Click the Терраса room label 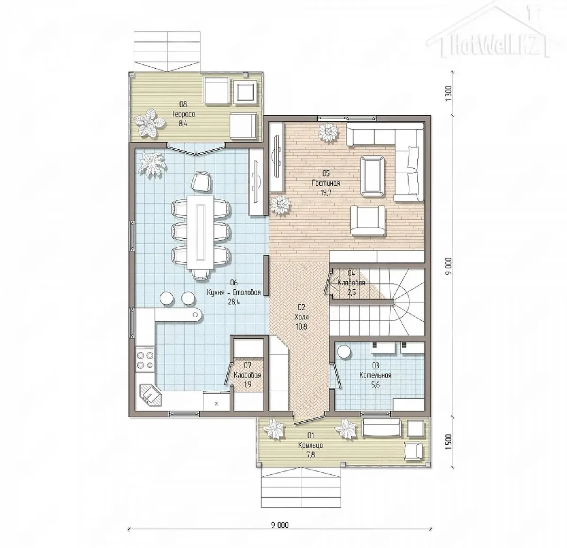click(183, 114)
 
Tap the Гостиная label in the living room click(326, 183)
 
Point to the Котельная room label click(375, 375)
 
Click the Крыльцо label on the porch click(311, 445)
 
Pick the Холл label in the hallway click(302, 317)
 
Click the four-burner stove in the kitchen click(145, 360)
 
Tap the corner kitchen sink click(151, 395)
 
